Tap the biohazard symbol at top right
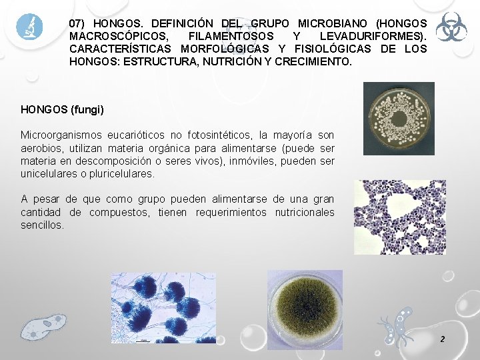tap(451, 27)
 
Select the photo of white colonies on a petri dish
tap(398, 119)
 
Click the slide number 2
tap(442, 339)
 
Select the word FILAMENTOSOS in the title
tap(231, 36)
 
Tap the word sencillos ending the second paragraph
tap(42, 225)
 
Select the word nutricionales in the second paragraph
tap(299, 213)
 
